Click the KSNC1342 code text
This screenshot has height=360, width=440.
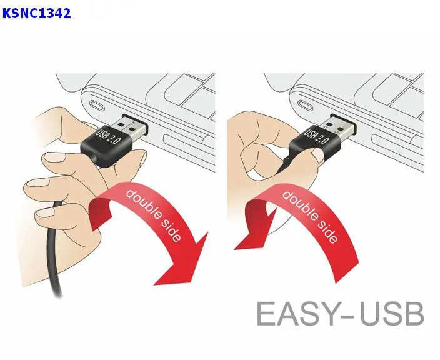click(x=36, y=13)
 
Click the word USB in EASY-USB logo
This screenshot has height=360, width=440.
click(x=392, y=314)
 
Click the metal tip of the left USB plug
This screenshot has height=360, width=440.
click(x=132, y=127)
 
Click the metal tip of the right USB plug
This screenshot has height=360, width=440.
click(x=339, y=127)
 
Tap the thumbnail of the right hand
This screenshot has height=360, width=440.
click(x=318, y=154)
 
